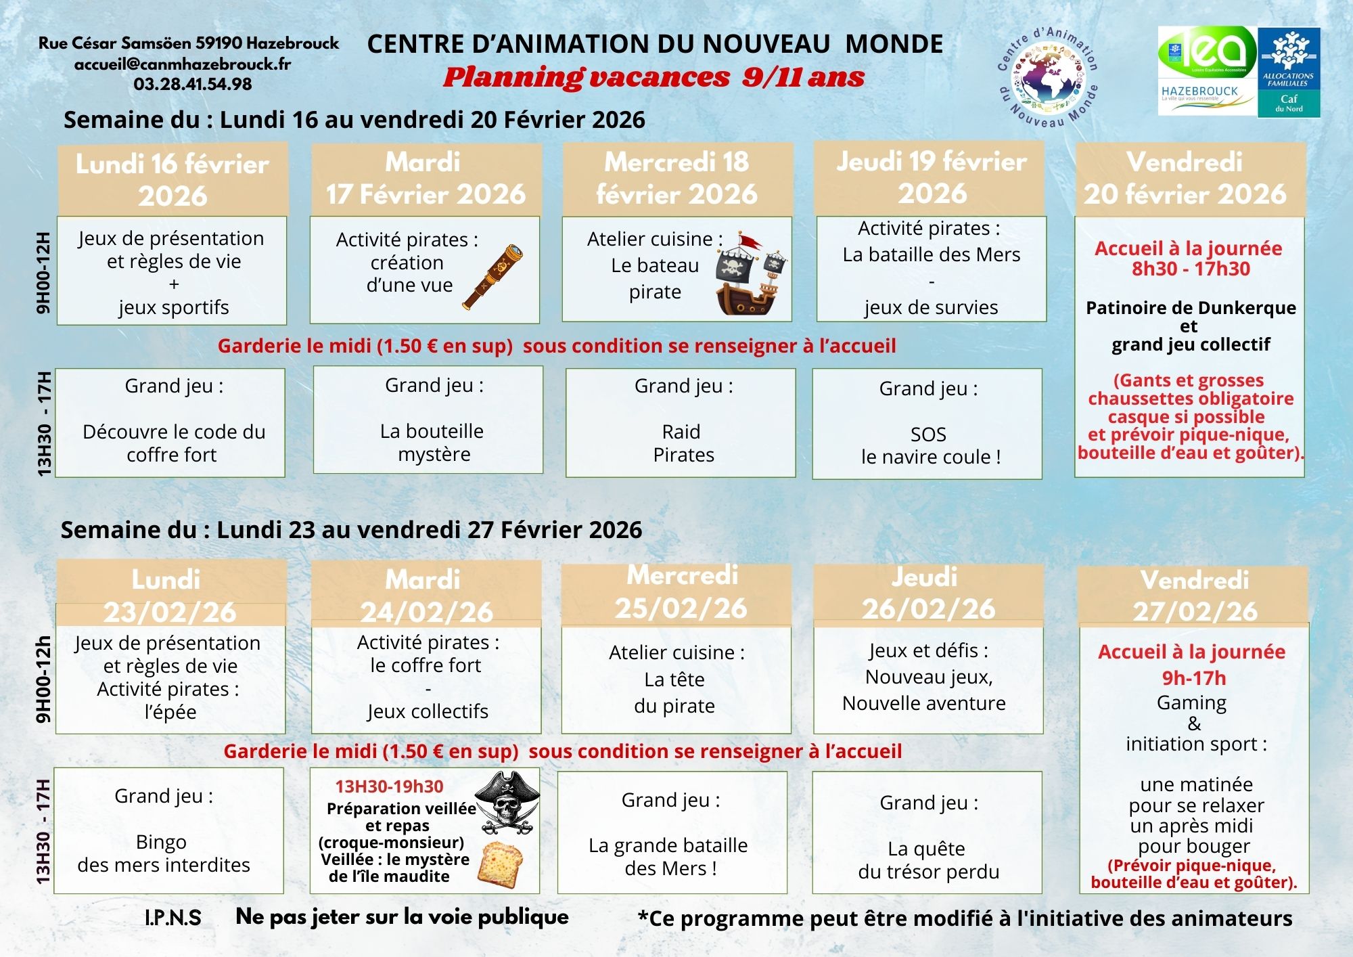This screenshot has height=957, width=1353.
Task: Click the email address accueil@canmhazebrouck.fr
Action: tap(183, 64)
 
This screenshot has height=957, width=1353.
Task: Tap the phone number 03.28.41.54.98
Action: tap(193, 85)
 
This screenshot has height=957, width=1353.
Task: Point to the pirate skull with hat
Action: tap(507, 803)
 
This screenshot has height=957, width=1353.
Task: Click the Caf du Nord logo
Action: tap(1289, 72)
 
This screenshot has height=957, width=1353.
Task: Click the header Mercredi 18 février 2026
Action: tap(677, 178)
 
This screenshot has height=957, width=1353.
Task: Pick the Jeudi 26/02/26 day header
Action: tap(928, 593)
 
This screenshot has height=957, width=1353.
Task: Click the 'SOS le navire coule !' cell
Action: tap(927, 424)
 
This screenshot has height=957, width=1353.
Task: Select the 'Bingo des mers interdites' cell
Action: tap(168, 830)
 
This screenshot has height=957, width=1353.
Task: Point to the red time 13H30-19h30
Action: tap(389, 786)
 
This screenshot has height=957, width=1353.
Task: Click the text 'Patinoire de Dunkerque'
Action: tap(1191, 308)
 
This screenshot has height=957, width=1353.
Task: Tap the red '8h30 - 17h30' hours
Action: tap(1191, 269)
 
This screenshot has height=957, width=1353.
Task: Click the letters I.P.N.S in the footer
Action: tap(173, 918)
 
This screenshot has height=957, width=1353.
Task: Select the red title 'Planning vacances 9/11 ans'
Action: tap(654, 78)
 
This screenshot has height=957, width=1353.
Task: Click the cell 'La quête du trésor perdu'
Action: tap(927, 833)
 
